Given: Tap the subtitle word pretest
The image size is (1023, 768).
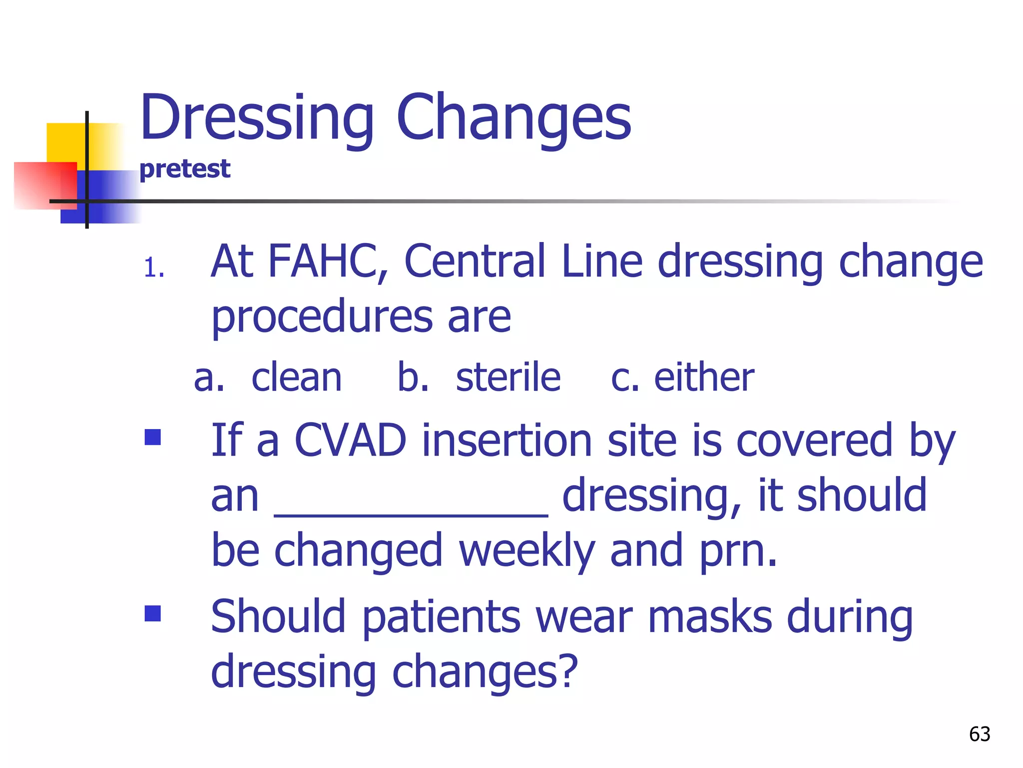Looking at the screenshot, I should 185,169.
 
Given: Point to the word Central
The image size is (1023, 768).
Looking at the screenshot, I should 475,261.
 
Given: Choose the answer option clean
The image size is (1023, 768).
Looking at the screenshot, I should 297,377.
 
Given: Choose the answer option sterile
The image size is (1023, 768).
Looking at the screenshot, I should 508,377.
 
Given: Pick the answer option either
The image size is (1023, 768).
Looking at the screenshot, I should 704,377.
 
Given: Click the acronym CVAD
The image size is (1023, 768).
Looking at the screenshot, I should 350,440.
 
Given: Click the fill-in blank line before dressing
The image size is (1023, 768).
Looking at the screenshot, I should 411,514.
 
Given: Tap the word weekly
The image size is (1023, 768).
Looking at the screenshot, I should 526,550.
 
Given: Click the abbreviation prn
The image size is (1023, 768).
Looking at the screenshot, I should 737,550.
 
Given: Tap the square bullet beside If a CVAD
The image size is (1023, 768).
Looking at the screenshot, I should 153,437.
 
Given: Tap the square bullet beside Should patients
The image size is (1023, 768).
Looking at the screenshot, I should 153,613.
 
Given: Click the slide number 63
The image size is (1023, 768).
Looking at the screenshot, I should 980,734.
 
